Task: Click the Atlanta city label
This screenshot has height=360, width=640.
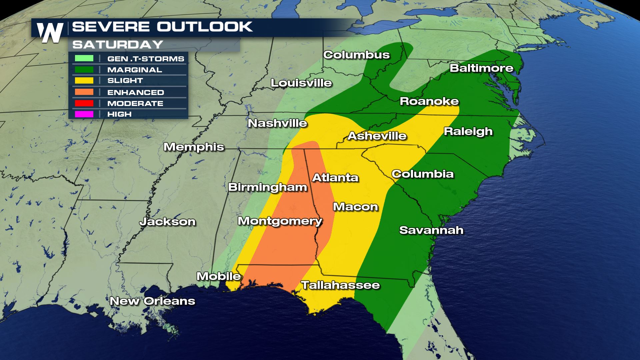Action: [335, 178]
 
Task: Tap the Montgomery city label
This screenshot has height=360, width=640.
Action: [280, 221]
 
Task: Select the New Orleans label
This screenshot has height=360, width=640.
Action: [152, 301]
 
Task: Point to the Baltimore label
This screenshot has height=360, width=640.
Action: [481, 68]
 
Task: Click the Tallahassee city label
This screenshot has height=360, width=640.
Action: [340, 285]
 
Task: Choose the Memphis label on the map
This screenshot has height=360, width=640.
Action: [194, 147]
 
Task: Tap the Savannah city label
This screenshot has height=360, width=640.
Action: [431, 230]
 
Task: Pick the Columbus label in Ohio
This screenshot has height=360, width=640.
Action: [356, 55]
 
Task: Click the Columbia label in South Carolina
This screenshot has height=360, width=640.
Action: [423, 174]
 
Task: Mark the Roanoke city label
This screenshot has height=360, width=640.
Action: [429, 101]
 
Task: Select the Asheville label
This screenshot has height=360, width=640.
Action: [377, 136]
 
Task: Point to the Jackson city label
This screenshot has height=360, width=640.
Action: [167, 222]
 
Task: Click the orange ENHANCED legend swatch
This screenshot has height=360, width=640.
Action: [84, 92]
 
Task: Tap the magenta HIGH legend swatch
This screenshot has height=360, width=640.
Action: [84, 114]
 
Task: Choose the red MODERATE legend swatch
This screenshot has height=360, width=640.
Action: [84, 103]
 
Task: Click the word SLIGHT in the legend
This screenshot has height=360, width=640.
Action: [125, 81]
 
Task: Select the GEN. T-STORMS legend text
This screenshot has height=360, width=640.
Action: [146, 59]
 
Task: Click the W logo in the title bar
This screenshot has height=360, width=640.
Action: [50, 33]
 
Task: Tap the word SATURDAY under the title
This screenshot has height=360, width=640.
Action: [118, 45]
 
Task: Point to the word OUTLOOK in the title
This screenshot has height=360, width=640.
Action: [205, 27]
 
